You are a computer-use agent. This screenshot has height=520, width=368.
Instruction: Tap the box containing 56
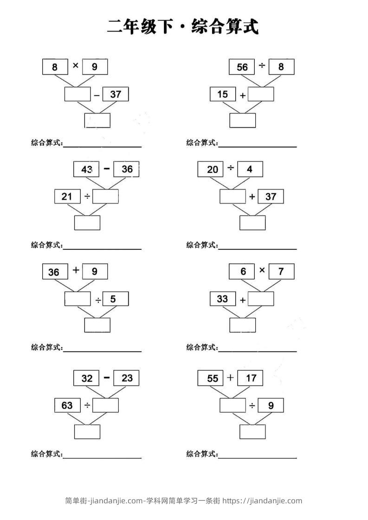click(x=242, y=67)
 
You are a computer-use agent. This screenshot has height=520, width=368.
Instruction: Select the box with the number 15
click(x=223, y=95)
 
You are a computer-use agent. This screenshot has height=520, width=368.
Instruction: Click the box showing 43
click(x=86, y=170)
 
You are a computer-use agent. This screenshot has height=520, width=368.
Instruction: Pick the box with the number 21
click(x=67, y=197)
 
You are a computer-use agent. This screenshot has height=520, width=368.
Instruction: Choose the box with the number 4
click(x=250, y=169)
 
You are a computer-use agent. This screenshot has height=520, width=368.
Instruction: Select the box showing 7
click(x=281, y=272)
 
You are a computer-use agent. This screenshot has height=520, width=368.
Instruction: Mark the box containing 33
click(x=223, y=299)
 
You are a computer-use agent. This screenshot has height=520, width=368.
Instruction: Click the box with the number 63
click(x=67, y=406)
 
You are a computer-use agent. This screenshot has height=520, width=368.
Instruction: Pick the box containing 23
click(x=127, y=378)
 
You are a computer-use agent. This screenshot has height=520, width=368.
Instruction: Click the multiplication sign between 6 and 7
click(x=262, y=270)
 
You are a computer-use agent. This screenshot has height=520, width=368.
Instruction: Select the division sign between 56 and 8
click(x=262, y=66)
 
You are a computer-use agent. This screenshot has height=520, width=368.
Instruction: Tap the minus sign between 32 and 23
click(x=107, y=377)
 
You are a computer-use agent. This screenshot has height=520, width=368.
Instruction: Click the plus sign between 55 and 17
click(x=230, y=377)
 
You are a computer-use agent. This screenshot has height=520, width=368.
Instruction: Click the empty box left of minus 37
click(x=77, y=95)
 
